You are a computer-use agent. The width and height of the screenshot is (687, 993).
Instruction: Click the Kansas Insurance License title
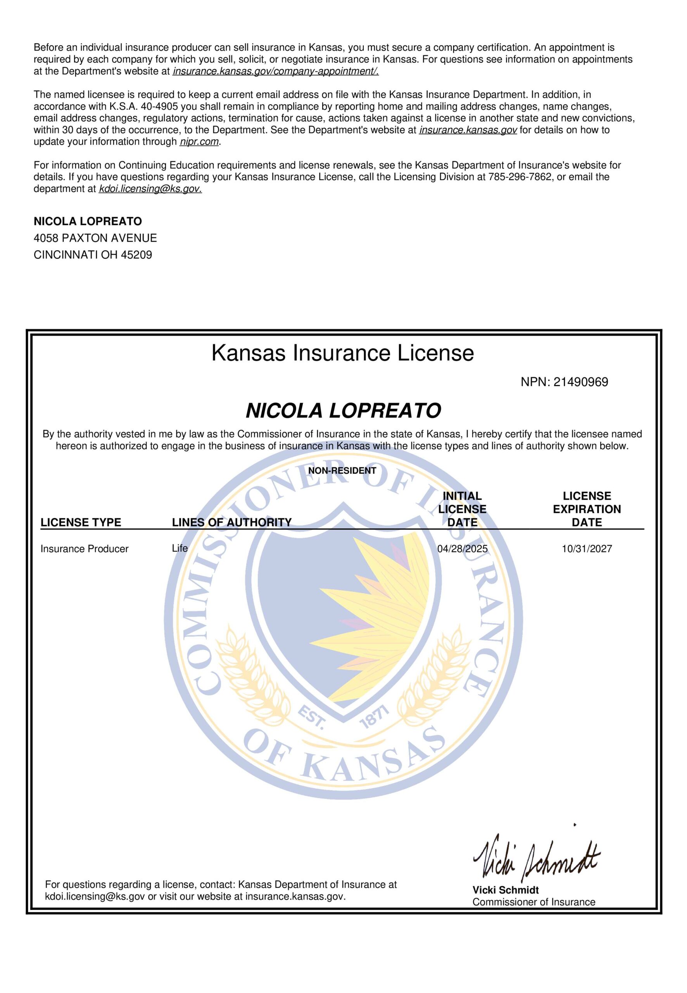click(343, 353)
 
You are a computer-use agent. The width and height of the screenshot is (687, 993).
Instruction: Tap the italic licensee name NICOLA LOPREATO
click(343, 411)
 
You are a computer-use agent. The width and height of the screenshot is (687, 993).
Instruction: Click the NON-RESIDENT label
click(342, 471)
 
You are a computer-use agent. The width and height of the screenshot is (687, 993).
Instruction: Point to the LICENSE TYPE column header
click(81, 522)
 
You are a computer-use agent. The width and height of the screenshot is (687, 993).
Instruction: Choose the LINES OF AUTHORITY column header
click(231, 522)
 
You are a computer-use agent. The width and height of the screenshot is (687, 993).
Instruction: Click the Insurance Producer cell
click(85, 548)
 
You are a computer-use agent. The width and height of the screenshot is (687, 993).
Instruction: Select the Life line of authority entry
click(180, 548)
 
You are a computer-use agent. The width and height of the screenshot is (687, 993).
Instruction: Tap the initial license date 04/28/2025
click(462, 548)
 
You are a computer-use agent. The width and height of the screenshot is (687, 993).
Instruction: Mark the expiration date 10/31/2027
click(587, 548)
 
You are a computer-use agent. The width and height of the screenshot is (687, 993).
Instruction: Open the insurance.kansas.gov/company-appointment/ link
click(276, 71)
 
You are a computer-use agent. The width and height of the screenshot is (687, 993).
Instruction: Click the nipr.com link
click(199, 142)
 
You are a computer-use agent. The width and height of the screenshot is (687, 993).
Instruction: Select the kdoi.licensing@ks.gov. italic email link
click(150, 189)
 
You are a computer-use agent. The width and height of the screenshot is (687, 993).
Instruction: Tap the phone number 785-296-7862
click(520, 176)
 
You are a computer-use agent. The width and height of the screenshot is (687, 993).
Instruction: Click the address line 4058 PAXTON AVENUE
click(95, 238)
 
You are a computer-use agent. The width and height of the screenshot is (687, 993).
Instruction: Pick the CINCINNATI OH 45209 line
click(93, 254)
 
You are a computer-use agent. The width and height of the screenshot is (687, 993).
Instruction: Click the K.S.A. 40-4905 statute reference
click(141, 106)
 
